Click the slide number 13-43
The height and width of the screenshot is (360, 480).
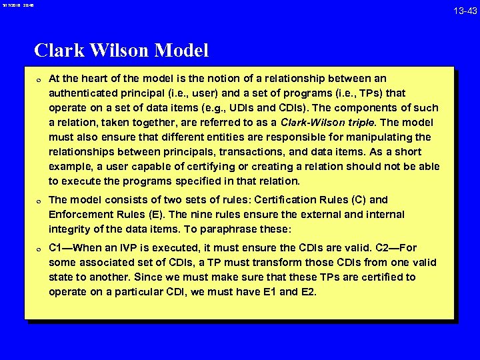pyautogui.click(x=465, y=11)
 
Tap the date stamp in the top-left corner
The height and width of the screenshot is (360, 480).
pyautogui.click(x=17, y=5)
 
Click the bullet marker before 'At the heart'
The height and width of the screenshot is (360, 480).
pyautogui.click(x=39, y=79)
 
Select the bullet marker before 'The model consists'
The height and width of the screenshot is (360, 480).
pyautogui.click(x=39, y=201)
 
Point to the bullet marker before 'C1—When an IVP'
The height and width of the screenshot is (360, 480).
pyautogui.click(x=39, y=249)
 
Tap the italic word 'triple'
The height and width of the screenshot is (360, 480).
pyautogui.click(x=359, y=123)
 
